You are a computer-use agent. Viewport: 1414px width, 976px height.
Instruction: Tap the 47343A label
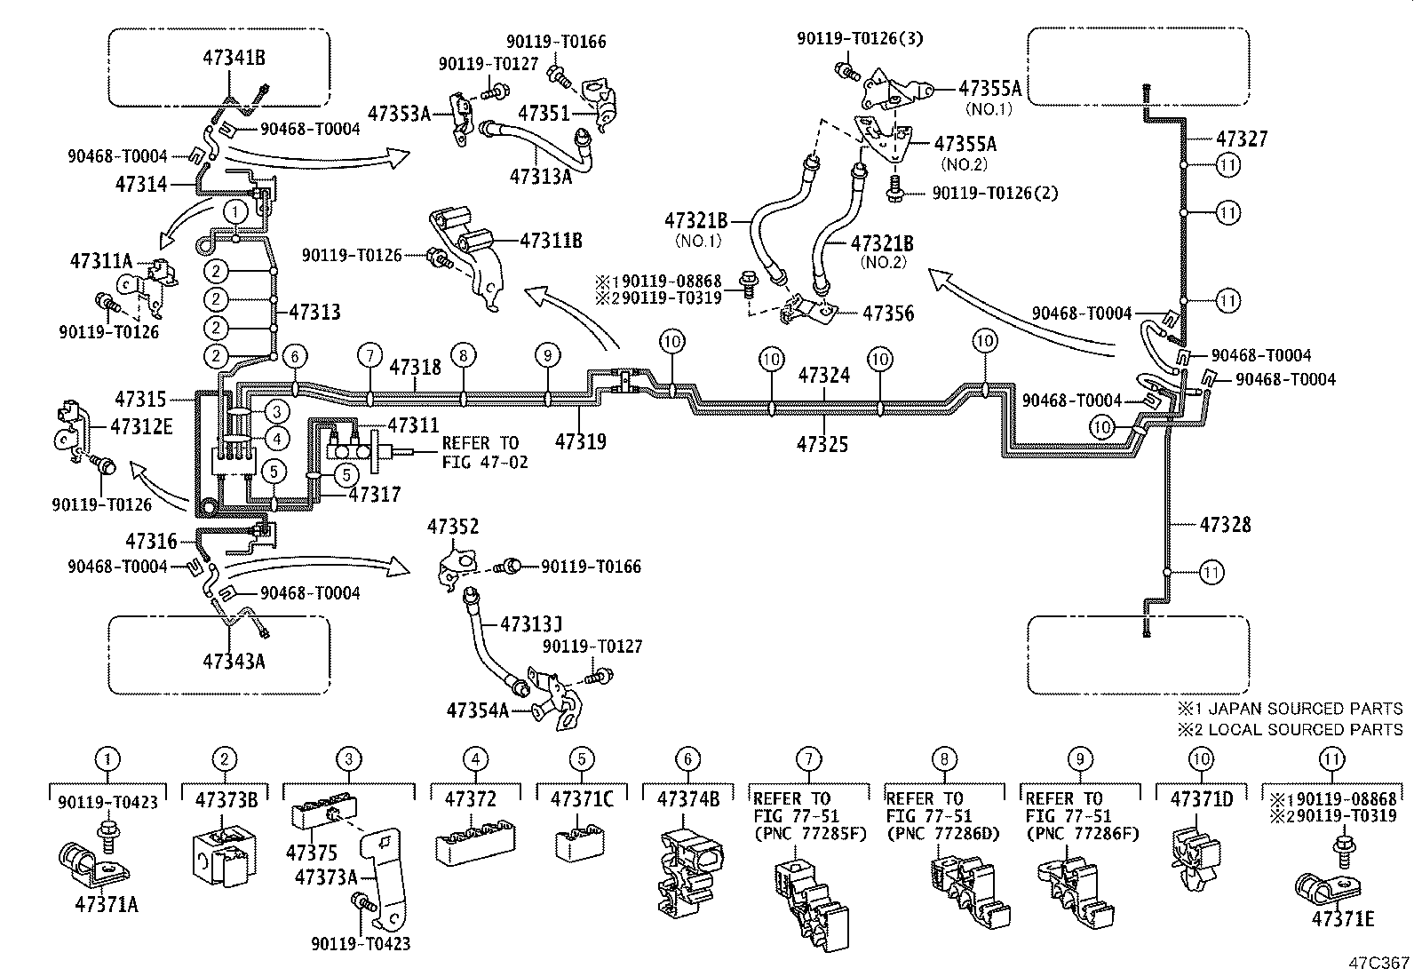pyautogui.click(x=234, y=661)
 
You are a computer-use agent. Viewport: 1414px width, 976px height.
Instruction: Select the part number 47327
pyautogui.click(x=1242, y=139)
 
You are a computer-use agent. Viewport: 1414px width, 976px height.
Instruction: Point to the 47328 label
pyautogui.click(x=1225, y=525)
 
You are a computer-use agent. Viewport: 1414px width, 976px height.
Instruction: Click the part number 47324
pyautogui.click(x=823, y=375)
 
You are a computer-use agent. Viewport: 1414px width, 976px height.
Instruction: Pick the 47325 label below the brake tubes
pyautogui.click(x=822, y=444)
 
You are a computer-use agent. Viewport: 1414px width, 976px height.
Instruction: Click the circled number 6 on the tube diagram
pyautogui.click(x=296, y=356)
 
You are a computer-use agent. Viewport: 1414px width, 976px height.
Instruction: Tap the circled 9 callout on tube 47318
pyautogui.click(x=548, y=355)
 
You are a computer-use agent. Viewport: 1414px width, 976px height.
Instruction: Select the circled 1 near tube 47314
pyautogui.click(x=234, y=211)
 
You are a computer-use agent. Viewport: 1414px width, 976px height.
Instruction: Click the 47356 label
pyautogui.click(x=888, y=313)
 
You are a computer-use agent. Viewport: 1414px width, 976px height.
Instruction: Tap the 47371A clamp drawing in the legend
pyautogui.click(x=94, y=862)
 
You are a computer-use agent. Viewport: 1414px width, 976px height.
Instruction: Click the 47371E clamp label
pyautogui.click(x=1344, y=919)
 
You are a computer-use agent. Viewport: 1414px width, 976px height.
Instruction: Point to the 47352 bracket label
pyautogui.click(x=453, y=527)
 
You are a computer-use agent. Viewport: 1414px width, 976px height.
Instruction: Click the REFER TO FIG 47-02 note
pyautogui.click(x=485, y=452)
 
